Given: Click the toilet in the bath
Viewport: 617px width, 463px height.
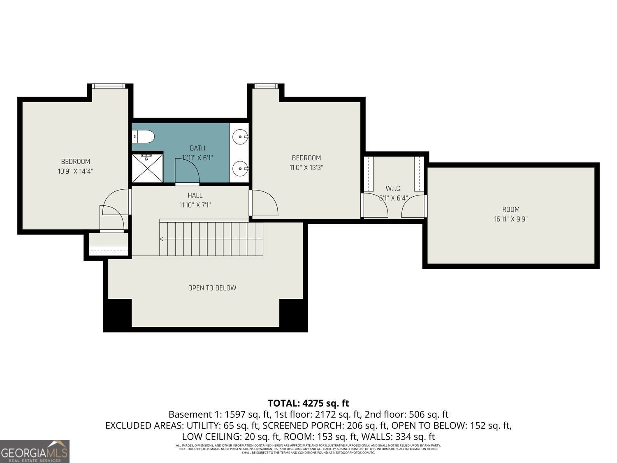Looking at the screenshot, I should tap(143, 136).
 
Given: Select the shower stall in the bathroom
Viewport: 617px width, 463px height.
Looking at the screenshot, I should tap(147, 168).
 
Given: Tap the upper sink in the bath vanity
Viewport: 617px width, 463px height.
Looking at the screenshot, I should tap(239, 135).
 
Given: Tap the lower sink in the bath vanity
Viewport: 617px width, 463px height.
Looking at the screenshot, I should tap(239, 168).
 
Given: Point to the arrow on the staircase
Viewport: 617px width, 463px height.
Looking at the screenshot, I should tap(162, 239).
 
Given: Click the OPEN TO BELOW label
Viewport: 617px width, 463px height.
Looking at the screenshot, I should tap(212, 288).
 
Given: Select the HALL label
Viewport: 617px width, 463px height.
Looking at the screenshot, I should tap(195, 195).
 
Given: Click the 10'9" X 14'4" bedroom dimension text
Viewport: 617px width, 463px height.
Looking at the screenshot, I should tap(75, 171).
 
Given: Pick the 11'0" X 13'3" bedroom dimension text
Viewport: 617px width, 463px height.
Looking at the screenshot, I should tap(306, 168).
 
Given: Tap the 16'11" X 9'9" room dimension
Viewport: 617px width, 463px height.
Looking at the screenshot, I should tap(510, 219).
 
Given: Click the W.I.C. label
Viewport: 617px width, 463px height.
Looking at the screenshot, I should tap(393, 188).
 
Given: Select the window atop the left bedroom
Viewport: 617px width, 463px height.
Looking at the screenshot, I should tap(108, 86).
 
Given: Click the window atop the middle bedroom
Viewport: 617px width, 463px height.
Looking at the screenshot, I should tap(266, 86).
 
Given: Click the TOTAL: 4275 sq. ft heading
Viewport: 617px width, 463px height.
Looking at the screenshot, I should tap(308, 403).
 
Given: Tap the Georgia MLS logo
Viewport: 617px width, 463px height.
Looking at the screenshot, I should tap(35, 451).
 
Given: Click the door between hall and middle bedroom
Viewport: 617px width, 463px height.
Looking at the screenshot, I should tap(263, 203).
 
